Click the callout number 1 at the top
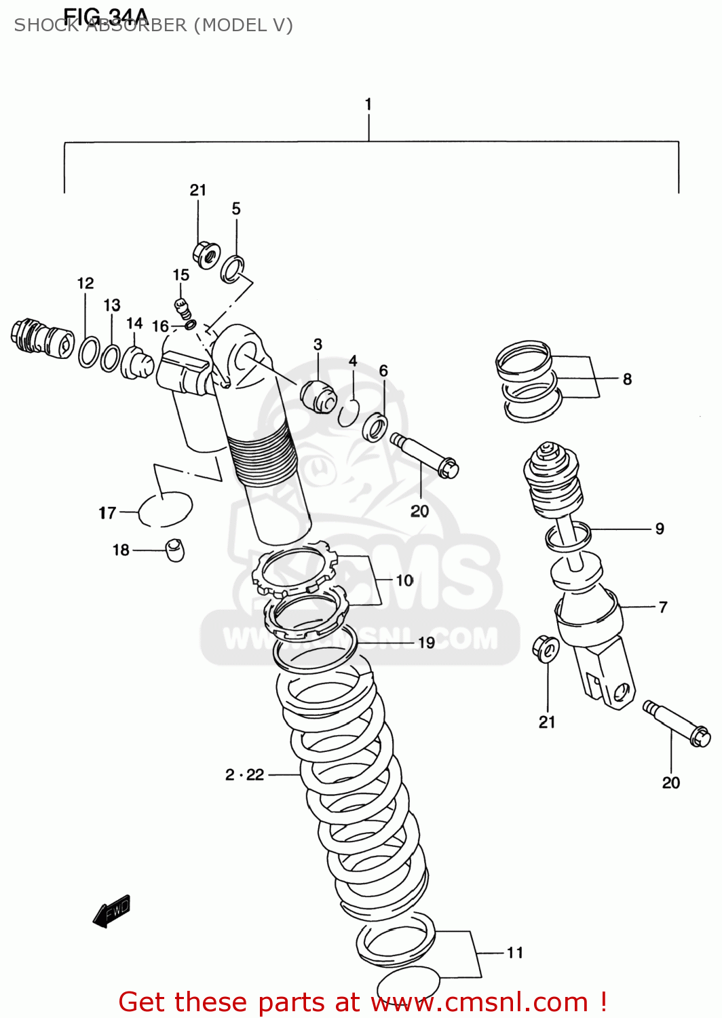click(368, 105)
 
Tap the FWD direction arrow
click(112, 911)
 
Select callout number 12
click(85, 284)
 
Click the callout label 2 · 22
click(245, 774)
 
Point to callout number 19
click(426, 642)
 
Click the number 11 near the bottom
click(515, 952)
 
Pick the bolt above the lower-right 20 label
click(677, 724)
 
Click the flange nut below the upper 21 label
click(206, 254)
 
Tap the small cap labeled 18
click(175, 549)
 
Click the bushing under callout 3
click(318, 396)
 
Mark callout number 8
click(627, 379)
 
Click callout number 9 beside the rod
click(659, 529)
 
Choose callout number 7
click(662, 607)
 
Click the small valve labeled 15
click(182, 307)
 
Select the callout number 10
click(404, 580)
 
